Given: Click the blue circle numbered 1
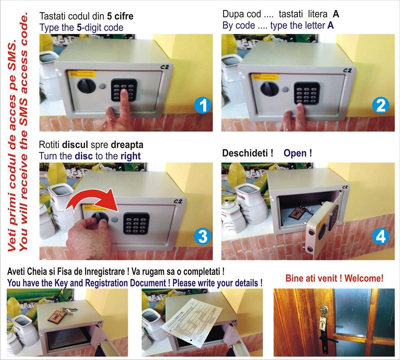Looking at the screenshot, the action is [202, 106].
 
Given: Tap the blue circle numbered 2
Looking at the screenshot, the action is [380, 106].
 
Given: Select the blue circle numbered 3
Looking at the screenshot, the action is [202, 236].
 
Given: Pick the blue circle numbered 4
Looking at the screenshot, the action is [380, 236].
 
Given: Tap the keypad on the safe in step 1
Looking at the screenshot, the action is [124, 90].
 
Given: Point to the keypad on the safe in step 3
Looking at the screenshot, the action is [136, 224].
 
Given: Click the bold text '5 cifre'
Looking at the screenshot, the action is [120, 16].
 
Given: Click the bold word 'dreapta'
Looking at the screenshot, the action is [127, 145].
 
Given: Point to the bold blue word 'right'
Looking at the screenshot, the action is [130, 156].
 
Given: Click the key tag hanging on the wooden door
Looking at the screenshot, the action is [323, 323].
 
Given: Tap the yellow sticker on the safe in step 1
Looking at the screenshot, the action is [82, 74].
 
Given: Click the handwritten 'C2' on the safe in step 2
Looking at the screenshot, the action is [347, 70].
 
